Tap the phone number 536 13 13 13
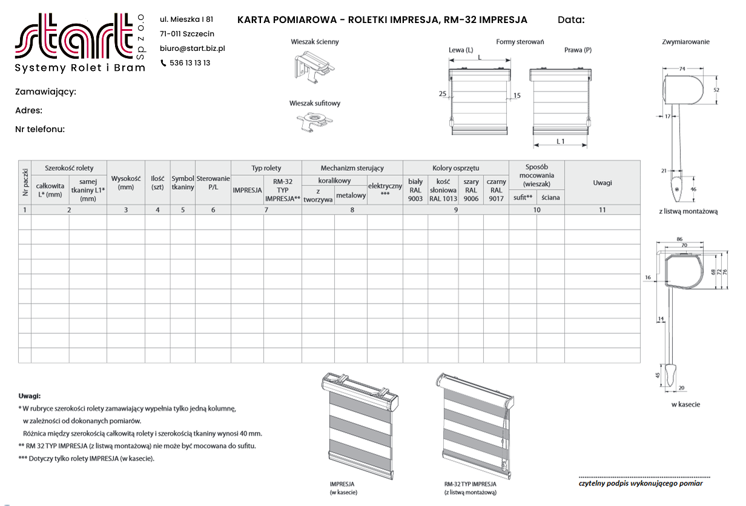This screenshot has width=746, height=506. click(x=190, y=63)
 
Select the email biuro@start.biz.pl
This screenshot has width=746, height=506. click(x=193, y=48)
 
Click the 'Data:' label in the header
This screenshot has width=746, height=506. click(x=571, y=20)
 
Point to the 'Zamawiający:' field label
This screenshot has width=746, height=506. click(x=45, y=92)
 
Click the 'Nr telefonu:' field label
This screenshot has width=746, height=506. click(x=40, y=129)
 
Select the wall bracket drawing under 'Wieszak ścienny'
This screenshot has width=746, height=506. click(x=314, y=67)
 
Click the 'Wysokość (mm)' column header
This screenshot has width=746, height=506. click(x=126, y=183)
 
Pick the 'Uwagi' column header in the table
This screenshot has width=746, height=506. click(x=602, y=183)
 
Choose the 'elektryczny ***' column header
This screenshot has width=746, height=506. click(x=385, y=189)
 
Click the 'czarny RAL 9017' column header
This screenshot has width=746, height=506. click(x=496, y=190)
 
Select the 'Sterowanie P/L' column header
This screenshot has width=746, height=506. click(x=213, y=183)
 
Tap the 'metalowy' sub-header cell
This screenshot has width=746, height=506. click(x=351, y=196)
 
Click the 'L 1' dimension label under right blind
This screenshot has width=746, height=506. click(x=560, y=141)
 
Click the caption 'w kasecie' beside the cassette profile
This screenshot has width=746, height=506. click(x=685, y=404)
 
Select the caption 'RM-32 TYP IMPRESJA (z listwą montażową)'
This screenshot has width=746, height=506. click(x=470, y=488)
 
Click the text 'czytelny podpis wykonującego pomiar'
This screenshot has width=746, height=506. click(x=641, y=484)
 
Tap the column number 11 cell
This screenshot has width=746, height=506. click(x=602, y=210)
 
